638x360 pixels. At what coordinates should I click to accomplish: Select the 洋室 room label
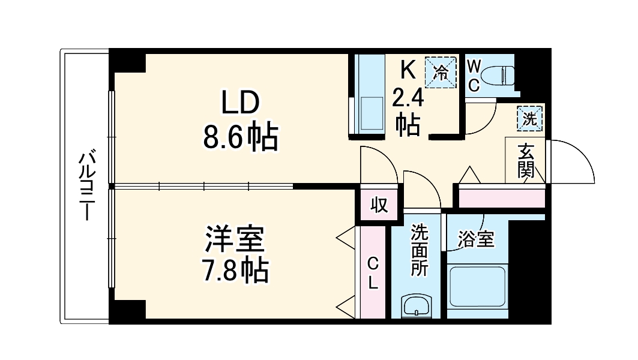pyautogui.click(x=233, y=239)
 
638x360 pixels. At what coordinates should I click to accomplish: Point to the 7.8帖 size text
pyautogui.click(x=233, y=272)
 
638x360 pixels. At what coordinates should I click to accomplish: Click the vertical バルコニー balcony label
pyautogui.click(x=86, y=186)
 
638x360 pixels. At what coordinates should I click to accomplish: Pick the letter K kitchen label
pyautogui.click(x=408, y=69)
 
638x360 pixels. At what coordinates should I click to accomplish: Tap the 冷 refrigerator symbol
pyautogui.click(x=441, y=73)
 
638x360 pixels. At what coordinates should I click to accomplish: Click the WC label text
pyautogui.click(x=474, y=75)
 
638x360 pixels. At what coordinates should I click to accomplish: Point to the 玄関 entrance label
pyautogui.click(x=526, y=160)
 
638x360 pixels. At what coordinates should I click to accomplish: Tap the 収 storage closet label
pyautogui.click(x=379, y=206)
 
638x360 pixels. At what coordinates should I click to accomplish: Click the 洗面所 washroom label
pyautogui.click(x=419, y=251)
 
